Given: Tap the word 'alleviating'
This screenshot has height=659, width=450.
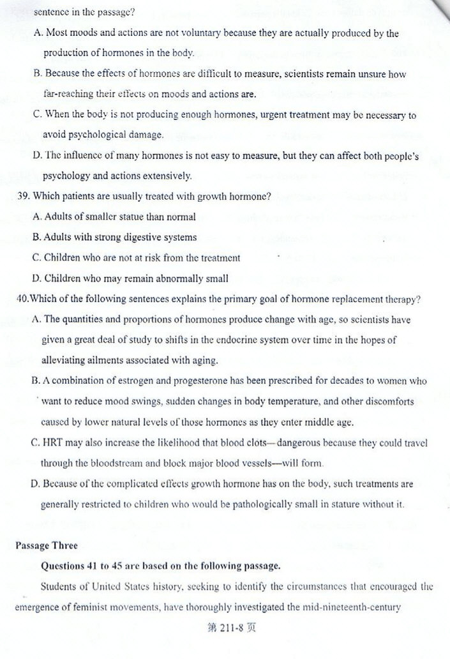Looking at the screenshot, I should [64, 360].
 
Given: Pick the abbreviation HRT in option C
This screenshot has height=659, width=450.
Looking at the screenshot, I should [53, 443].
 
